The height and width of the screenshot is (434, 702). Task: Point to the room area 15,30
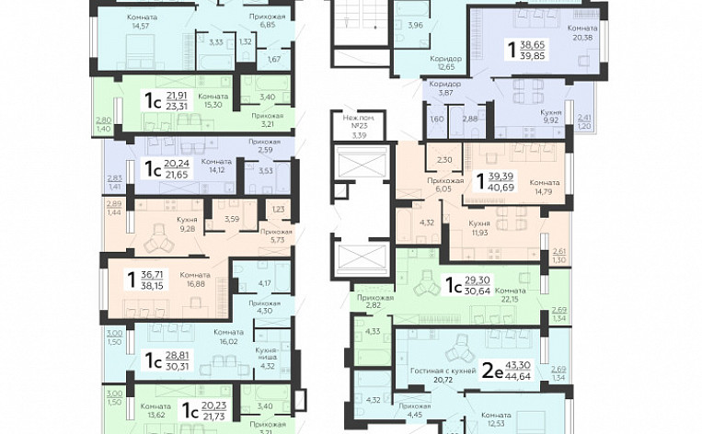[213, 105]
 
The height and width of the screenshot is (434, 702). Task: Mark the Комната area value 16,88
[194, 284]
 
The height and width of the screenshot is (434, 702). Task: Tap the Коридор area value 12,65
[445, 66]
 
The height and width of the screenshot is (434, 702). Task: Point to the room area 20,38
[584, 38]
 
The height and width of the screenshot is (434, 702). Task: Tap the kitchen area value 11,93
[478, 232]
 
